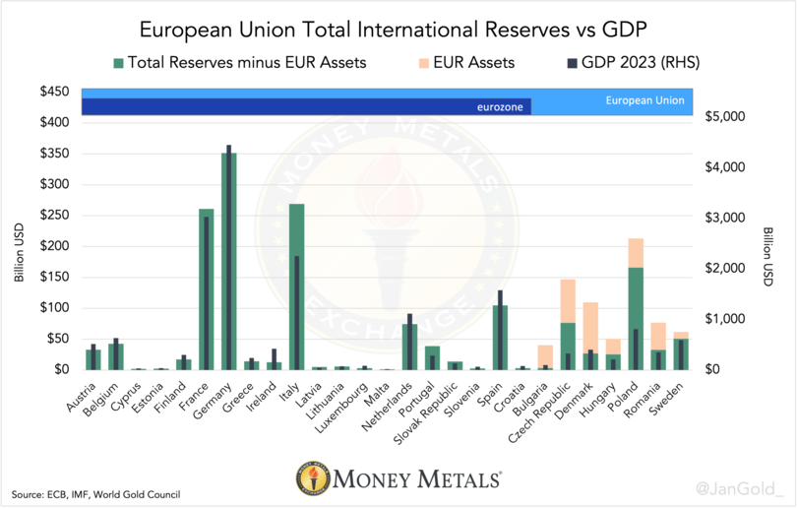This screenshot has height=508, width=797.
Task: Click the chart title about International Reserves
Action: coord(398,28)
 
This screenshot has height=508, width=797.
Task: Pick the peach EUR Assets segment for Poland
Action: coord(636,252)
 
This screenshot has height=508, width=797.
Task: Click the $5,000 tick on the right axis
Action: coord(728,116)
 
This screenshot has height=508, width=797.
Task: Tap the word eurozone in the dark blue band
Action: coord(500,106)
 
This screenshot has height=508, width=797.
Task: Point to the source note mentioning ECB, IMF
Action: coord(95,493)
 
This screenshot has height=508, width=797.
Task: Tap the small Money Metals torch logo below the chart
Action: coord(313,479)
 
